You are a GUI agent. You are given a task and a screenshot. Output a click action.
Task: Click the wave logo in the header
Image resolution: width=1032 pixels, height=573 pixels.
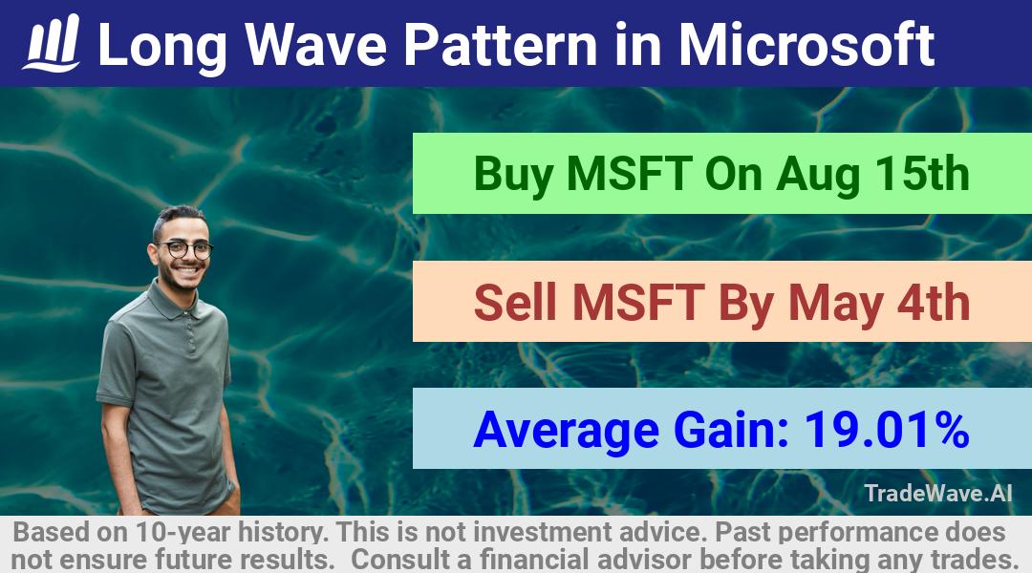click(x=52, y=42)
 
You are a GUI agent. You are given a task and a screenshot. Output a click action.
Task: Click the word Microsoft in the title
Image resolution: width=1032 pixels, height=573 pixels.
click(x=806, y=44)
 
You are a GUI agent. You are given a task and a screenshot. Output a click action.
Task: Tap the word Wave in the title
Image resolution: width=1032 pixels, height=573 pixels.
click(x=316, y=44)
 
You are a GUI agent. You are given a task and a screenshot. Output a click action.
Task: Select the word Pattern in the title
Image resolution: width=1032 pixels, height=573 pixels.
click(x=500, y=44)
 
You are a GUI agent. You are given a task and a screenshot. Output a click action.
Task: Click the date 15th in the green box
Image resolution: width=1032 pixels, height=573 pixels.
click(x=921, y=174)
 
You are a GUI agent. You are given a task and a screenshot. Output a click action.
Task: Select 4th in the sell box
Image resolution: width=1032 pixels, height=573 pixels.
click(x=934, y=302)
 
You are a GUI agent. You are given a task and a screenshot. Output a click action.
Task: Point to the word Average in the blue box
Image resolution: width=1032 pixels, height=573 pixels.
click(x=566, y=432)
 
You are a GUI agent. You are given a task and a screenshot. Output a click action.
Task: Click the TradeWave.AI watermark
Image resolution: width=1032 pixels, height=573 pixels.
click(x=938, y=493)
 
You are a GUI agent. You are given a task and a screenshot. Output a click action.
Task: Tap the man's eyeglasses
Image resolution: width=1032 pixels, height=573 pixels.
click(x=185, y=249)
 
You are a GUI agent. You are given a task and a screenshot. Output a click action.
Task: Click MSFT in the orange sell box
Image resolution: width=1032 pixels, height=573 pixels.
click(x=638, y=302)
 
